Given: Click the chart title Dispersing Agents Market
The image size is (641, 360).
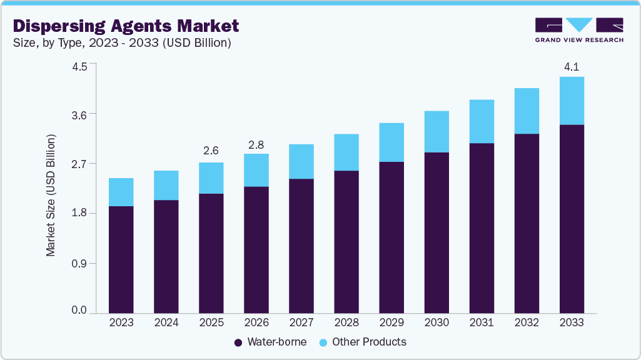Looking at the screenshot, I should click(x=126, y=26).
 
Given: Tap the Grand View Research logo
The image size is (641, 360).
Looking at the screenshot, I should click(x=578, y=30).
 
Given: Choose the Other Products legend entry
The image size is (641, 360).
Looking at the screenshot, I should click(x=362, y=342).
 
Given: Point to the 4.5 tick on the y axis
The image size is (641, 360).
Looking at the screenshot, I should click(x=79, y=64).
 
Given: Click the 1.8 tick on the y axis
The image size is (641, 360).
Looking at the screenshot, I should click(x=79, y=214).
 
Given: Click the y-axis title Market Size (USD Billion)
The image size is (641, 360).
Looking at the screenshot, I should click(x=51, y=195).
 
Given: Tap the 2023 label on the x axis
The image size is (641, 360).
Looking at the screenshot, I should click(x=121, y=323).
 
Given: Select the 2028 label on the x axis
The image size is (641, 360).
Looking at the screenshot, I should click(x=346, y=323).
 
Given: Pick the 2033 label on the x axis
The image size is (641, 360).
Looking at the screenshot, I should click(x=572, y=323).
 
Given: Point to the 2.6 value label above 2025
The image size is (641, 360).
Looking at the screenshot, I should click(x=211, y=151).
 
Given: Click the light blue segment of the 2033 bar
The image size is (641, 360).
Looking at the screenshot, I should click(x=572, y=101).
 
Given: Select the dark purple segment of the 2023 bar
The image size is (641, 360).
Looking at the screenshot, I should click(x=121, y=259).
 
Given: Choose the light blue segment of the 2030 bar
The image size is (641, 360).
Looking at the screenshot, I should click(x=437, y=131).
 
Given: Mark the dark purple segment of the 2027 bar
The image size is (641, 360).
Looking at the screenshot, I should click(x=301, y=246).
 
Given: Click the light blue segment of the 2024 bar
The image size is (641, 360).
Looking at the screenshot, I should click(x=166, y=185).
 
